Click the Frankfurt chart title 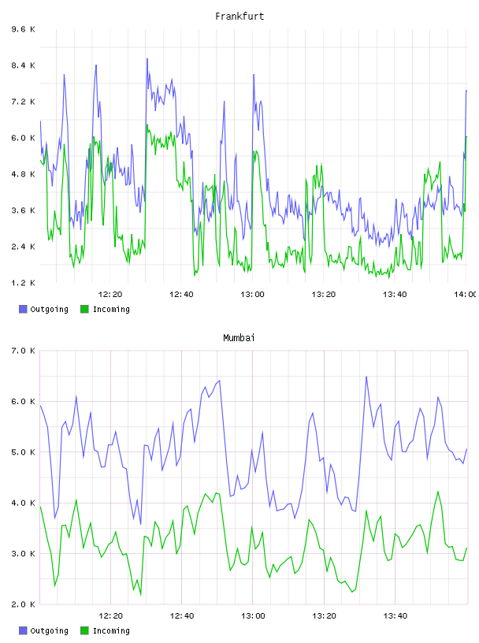239,17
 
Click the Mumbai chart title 239,338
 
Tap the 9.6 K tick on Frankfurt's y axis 24,29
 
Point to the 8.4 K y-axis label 24,65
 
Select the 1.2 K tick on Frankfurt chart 24,283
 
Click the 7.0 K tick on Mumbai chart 24,351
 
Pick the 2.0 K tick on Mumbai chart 24,604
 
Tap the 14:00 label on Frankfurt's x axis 465,294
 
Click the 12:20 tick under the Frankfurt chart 110,294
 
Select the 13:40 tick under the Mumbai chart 395,615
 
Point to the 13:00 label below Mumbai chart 253,615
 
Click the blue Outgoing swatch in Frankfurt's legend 23,309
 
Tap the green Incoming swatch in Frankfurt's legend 84,309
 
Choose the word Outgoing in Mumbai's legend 49,630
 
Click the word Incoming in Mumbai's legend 111,630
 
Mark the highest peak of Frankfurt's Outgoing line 147,58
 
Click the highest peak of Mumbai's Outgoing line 366,377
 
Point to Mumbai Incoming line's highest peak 438,491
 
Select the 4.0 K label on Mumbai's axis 24,503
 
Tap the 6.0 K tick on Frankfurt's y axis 24,138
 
